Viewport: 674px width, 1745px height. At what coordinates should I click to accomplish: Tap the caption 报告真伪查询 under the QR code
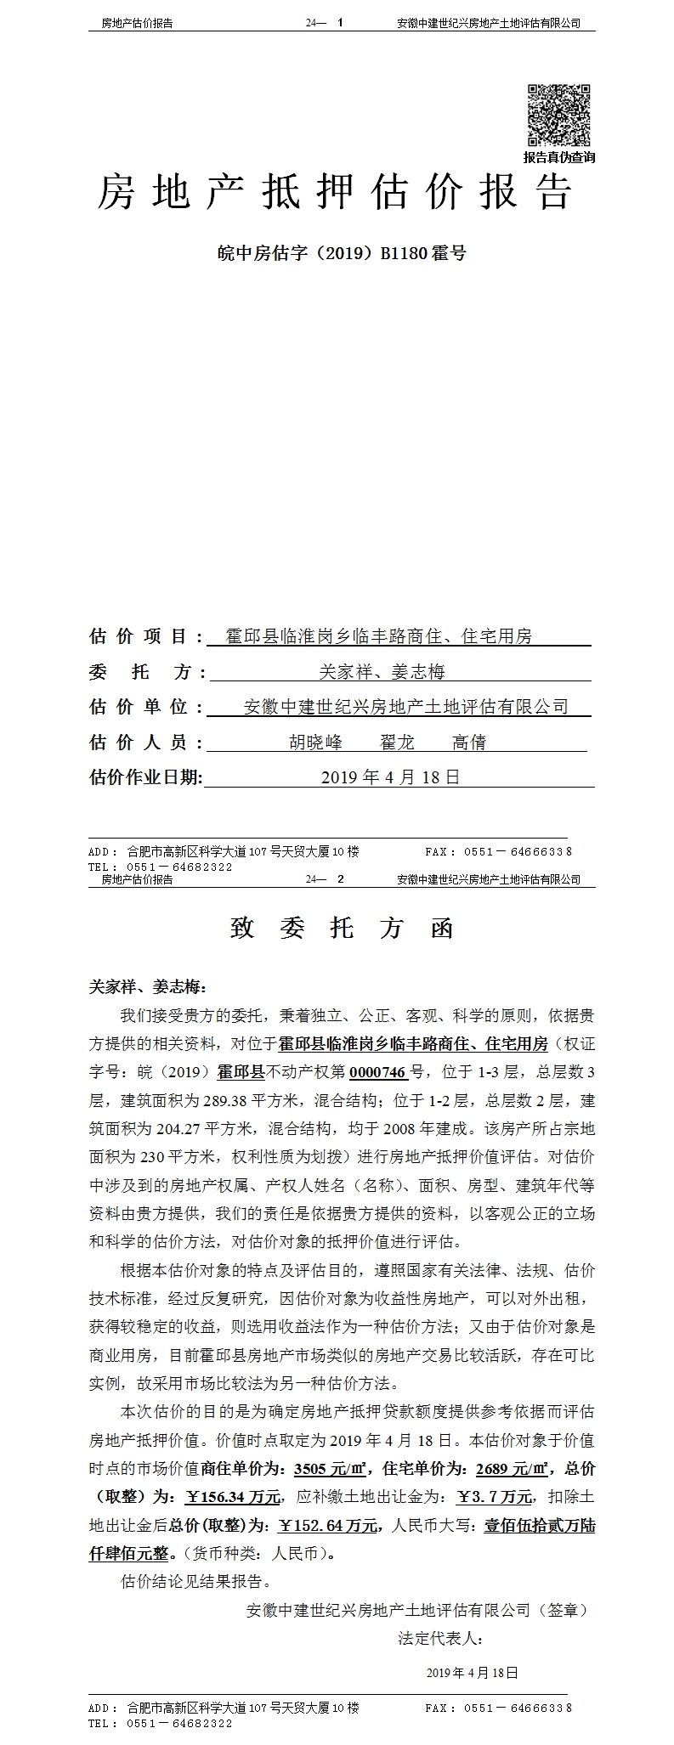tap(558, 157)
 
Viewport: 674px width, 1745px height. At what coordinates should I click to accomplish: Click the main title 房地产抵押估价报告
tap(334, 194)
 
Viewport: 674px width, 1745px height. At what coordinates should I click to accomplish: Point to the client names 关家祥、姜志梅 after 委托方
tap(382, 672)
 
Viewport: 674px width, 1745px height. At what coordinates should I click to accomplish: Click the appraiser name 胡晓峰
tap(316, 742)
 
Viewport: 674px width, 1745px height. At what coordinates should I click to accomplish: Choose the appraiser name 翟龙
tap(397, 742)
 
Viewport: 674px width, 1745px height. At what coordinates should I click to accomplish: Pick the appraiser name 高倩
tap(468, 742)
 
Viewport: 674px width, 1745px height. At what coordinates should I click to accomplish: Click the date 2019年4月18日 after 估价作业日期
tap(390, 776)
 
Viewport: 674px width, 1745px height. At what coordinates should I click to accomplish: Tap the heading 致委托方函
tap(342, 929)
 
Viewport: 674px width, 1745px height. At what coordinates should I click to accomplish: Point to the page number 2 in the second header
tap(340, 879)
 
